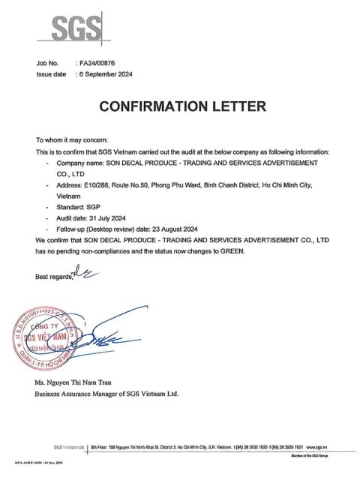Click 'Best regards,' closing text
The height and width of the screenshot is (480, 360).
click(54, 277)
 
